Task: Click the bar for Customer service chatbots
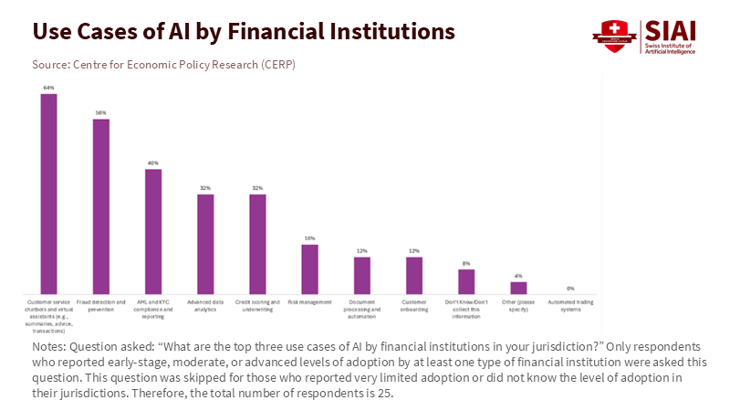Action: tap(48, 193)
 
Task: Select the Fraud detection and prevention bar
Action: tap(101, 205)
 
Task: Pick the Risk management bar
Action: tap(309, 268)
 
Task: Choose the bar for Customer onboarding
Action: tap(414, 274)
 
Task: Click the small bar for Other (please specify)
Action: tap(518, 287)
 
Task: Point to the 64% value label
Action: tap(48, 88)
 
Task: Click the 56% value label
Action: tap(101, 112)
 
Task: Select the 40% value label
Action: tap(153, 163)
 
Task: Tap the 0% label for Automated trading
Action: tap(570, 288)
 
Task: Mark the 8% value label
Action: tap(466, 263)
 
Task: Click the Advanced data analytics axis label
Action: tap(205, 304)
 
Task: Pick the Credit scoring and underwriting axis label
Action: tap(257, 304)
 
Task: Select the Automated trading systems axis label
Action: tap(570, 304)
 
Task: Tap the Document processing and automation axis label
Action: tap(362, 308)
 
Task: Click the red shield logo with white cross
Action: tap(613, 36)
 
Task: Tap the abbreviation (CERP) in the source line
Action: tap(277, 64)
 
